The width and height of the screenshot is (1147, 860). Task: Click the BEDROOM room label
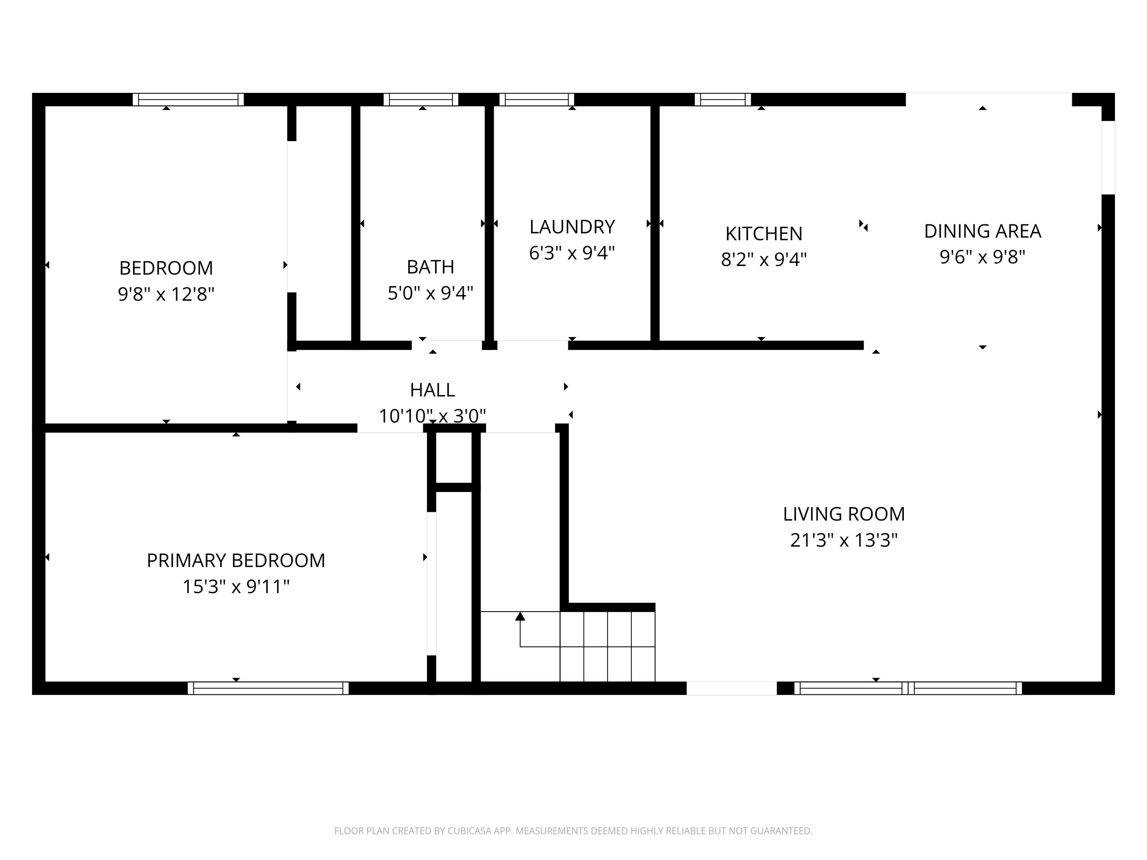166,268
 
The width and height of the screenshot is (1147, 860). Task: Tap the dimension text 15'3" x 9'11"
236,587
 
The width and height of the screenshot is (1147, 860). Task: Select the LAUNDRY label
572,227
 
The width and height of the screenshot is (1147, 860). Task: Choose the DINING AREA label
982,231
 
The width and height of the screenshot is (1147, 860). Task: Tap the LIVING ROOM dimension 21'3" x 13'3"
844,540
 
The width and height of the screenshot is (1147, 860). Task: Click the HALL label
432,389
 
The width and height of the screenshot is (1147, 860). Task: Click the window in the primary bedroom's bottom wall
268,688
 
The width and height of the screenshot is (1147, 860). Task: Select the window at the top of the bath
421,99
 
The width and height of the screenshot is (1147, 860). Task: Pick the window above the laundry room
537,99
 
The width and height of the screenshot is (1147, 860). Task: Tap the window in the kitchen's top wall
722,99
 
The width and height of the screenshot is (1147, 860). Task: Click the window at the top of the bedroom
188,99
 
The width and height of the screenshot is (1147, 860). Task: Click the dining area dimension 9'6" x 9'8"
982,256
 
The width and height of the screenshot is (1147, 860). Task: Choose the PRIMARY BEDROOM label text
236,560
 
